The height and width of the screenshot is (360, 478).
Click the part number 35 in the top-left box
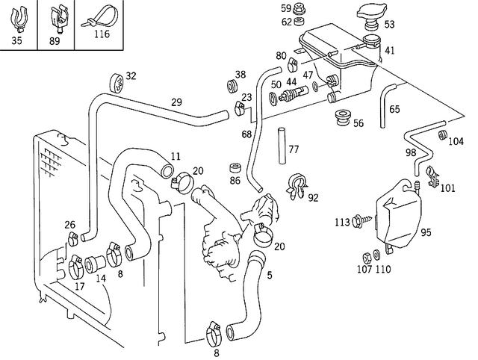pos(17,40)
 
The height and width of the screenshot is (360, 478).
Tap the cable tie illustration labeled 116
pos(96,18)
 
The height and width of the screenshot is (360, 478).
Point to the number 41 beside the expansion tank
pos(390,50)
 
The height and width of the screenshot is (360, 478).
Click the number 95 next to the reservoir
pos(426,232)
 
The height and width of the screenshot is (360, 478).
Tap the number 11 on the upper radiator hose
pos(176,156)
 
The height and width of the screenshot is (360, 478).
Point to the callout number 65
pos(395,109)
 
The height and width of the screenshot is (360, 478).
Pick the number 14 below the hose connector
pos(100,278)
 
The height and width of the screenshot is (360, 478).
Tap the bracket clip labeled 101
pos(432,177)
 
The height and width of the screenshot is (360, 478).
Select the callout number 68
pos(246,134)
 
